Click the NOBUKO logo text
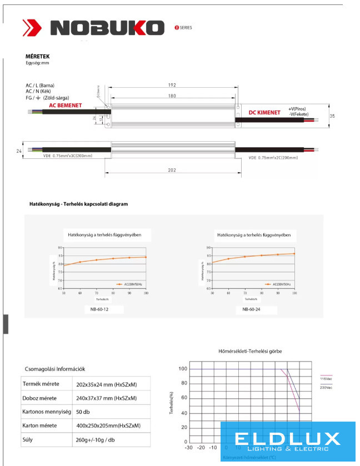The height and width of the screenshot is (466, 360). pos(108,28)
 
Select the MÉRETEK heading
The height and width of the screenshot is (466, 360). pos(38,57)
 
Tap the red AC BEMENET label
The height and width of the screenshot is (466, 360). pos(66,105)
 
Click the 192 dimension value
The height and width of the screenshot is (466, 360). pos(172,85)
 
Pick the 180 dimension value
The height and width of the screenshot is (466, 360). pos(172,96)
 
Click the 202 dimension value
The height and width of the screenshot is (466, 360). pos(172,171)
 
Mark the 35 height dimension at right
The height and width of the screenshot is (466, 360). pos(332,116)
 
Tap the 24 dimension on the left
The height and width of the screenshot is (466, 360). pos(19,151)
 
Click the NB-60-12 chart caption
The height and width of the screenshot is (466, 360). pos(99,309)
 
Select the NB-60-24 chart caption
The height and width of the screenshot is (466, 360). pos(252,309)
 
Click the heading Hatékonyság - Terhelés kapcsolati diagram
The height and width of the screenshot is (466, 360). pos(78,204)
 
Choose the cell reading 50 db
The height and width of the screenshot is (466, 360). pos(83,412)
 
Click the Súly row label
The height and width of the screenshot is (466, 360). pos(28,440)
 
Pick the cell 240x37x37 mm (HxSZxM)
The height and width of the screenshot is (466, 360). pos(106,398)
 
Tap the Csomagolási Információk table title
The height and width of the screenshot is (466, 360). pos(55,368)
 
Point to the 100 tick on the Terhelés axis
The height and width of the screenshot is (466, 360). pos(183,369)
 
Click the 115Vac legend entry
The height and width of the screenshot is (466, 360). pos(326,379)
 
